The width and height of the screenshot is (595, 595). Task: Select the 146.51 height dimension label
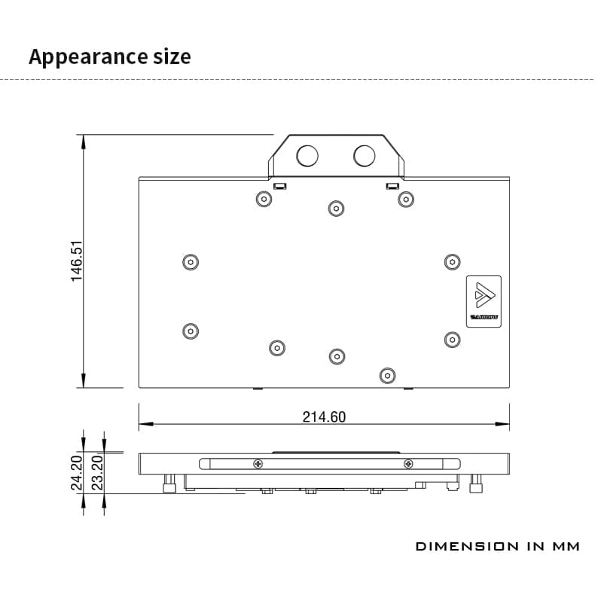77,261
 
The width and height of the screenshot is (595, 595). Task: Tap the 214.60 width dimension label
324,416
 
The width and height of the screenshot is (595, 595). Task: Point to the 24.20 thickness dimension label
77,473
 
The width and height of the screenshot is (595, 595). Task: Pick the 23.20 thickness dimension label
97,473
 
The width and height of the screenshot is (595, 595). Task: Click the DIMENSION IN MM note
498,546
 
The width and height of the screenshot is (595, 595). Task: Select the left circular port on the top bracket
307,156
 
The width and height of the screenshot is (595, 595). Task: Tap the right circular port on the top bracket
364,156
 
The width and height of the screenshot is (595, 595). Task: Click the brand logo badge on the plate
484,298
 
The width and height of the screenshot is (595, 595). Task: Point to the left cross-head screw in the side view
259,463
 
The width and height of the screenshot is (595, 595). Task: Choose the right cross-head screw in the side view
408,463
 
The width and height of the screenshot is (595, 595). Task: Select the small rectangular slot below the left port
279,185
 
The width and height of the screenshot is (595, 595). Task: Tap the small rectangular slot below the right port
391,185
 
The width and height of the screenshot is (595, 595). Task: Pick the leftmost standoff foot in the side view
169,485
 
